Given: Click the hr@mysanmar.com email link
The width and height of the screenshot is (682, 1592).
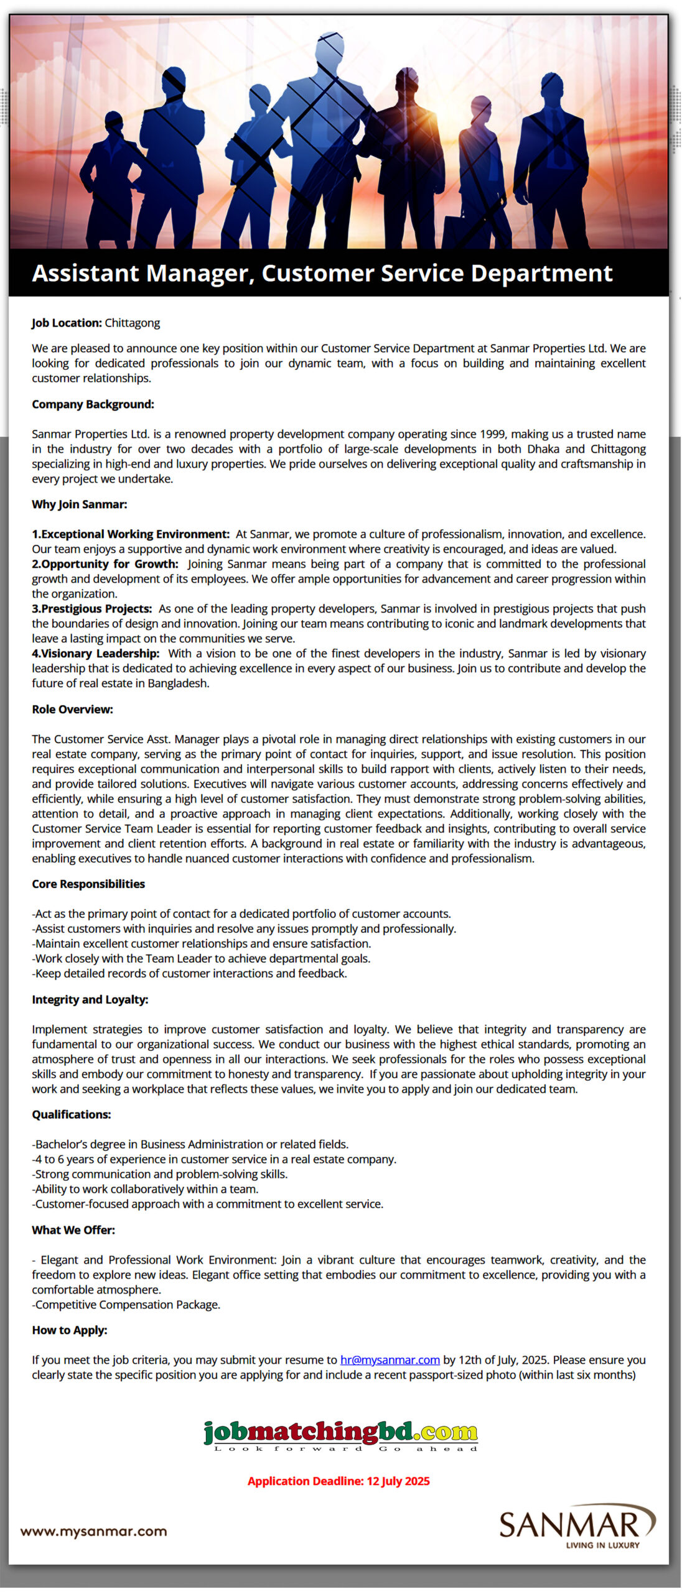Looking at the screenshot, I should [390, 1360].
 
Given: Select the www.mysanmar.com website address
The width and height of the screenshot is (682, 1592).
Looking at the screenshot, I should [93, 1531].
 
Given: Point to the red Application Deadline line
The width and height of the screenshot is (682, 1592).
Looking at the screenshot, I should [339, 1481].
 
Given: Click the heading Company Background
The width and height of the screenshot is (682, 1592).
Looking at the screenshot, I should [93, 404].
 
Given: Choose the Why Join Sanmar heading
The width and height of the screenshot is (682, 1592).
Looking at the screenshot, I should [79, 504].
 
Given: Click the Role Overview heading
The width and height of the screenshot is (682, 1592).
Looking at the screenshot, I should [72, 710].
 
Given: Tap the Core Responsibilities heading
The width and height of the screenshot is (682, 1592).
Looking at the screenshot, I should [88, 884].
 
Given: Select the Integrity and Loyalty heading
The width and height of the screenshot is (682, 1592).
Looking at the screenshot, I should [90, 1000].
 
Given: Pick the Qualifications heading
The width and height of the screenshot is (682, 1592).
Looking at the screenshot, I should [71, 1114].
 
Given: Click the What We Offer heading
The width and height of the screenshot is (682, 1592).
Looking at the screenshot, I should [73, 1230].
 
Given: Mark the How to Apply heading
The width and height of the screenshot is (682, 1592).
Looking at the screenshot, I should [69, 1330].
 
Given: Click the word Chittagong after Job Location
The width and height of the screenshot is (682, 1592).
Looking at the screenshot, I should [132, 323].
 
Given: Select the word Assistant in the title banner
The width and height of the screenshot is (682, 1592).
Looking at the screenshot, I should [85, 273].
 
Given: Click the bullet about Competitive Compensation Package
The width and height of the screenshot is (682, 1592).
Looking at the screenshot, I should [127, 1305].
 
